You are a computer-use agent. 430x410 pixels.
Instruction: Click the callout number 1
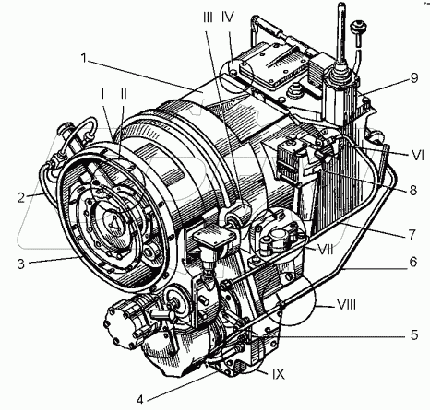tap(84, 58)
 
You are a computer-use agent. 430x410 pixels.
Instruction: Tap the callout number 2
tap(20, 197)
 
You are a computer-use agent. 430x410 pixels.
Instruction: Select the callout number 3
tap(20, 264)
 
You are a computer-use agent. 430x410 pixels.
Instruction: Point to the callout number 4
tap(140, 400)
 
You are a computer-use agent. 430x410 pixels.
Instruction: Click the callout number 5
tap(414, 334)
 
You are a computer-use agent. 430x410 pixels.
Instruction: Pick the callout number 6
tap(413, 262)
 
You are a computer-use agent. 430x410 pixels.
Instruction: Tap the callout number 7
tap(412, 234)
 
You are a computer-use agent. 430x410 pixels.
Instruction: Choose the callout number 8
tap(413, 191)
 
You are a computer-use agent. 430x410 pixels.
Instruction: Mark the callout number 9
tap(414, 77)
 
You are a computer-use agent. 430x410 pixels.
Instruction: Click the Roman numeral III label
tap(208, 18)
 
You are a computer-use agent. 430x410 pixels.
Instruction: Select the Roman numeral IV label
tap(228, 18)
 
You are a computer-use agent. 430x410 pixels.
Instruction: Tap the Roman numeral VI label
tap(418, 156)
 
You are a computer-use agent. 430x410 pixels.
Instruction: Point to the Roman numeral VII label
tap(326, 250)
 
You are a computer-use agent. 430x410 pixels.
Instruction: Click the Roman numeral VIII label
tap(346, 305)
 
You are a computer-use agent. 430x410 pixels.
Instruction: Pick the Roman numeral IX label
tap(278, 374)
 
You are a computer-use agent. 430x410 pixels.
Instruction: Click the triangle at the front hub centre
tap(114, 222)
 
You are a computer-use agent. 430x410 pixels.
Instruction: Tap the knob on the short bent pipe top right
tap(358, 27)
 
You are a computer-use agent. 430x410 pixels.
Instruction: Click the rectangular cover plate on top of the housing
tap(273, 64)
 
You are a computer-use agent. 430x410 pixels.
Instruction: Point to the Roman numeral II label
tap(124, 94)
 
